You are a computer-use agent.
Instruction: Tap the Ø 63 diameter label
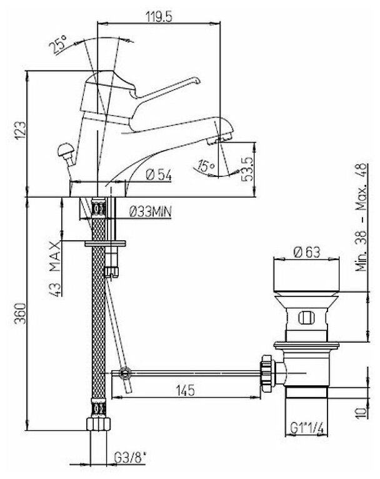click(x=306, y=253)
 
